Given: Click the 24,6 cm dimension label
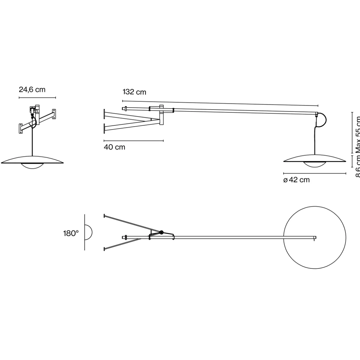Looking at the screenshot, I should click(x=32, y=90).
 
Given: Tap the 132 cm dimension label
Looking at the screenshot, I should click(x=134, y=92).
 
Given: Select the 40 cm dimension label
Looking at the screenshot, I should click(x=115, y=147).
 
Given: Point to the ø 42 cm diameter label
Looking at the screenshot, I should click(x=296, y=180).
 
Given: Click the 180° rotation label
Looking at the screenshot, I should click(x=71, y=233).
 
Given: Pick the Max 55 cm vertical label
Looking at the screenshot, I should click(x=358, y=135).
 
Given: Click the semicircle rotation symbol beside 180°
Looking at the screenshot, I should click(x=88, y=232).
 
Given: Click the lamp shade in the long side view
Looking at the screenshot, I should click(x=315, y=160).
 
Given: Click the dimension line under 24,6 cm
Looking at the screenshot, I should click(x=37, y=98).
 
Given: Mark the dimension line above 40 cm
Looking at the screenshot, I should click(x=133, y=141).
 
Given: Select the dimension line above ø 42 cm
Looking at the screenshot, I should click(x=315, y=173).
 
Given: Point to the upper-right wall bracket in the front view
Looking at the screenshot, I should click(x=54, y=114).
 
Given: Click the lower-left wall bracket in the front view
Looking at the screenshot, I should click(x=21, y=128).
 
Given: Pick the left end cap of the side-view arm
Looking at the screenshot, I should click(x=124, y=109).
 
